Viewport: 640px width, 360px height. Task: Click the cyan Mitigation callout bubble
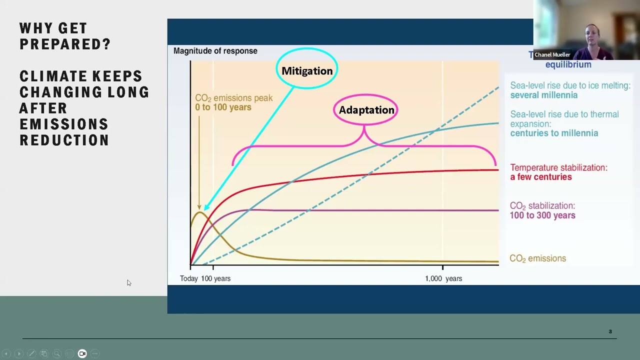click(307, 70)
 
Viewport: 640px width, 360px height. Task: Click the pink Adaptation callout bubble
click(366, 110)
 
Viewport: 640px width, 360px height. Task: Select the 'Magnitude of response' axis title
click(215, 51)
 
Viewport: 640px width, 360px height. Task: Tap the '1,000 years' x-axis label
click(443, 278)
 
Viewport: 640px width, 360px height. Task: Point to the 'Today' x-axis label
click(189, 278)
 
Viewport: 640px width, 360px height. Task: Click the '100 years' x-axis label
click(216, 278)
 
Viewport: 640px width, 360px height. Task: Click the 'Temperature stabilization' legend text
click(558, 172)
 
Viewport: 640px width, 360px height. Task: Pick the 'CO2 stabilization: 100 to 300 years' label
click(542, 210)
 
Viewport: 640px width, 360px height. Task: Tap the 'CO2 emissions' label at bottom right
click(537, 258)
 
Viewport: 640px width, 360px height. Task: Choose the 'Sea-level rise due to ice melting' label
click(570, 90)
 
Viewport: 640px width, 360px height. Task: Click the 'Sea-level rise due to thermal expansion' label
click(564, 123)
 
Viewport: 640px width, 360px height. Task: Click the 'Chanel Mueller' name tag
click(552, 54)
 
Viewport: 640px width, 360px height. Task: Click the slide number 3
click(610, 331)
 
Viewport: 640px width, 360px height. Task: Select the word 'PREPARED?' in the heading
click(65, 44)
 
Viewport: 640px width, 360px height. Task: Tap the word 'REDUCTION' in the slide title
click(64, 140)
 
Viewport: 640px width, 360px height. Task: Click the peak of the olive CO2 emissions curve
click(199, 212)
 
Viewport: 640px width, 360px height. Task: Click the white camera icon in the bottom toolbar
click(82, 353)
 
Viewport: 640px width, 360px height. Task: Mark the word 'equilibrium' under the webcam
click(568, 64)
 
